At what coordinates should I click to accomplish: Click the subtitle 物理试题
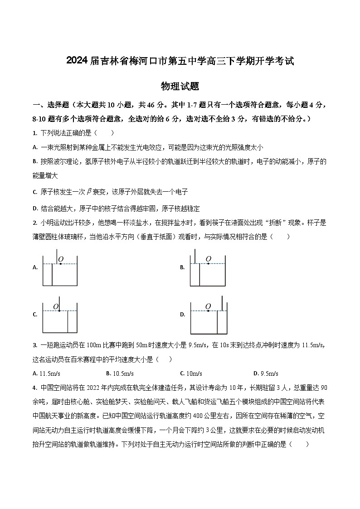tap(180, 86)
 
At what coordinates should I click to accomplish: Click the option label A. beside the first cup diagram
tap(35, 268)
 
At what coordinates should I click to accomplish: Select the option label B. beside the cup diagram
tap(182, 268)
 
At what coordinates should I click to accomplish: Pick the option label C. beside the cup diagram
tap(35, 315)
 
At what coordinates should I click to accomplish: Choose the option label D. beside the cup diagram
tap(182, 315)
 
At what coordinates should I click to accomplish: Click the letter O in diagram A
tap(61, 259)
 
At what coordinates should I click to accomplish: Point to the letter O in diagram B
tap(208, 259)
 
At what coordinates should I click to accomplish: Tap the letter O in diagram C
tap(56, 306)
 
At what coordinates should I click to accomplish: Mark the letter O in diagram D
tap(208, 306)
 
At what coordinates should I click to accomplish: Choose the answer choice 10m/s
tap(191, 373)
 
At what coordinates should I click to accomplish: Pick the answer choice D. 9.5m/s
tap(266, 373)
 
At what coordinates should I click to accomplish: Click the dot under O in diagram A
tap(61, 264)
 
